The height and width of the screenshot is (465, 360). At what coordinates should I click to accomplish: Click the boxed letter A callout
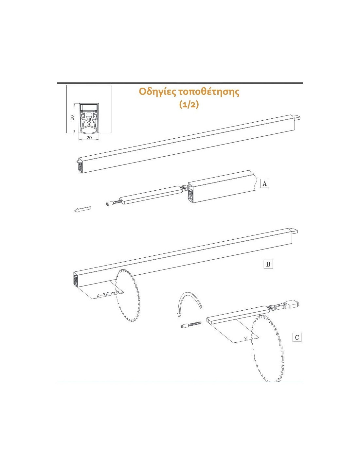264,183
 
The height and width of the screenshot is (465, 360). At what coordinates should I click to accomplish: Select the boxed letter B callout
268,264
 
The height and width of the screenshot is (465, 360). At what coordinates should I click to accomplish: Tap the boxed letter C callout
297,337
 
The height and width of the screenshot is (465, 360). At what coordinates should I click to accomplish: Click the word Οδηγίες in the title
157,92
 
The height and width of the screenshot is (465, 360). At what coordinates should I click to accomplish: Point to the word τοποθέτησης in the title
209,92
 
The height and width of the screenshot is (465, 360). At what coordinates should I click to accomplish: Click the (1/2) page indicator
189,104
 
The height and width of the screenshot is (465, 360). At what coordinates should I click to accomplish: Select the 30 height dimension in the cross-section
72,117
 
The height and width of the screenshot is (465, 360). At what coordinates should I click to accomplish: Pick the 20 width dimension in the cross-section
89,138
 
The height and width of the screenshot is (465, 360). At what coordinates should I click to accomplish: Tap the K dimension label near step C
246,338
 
